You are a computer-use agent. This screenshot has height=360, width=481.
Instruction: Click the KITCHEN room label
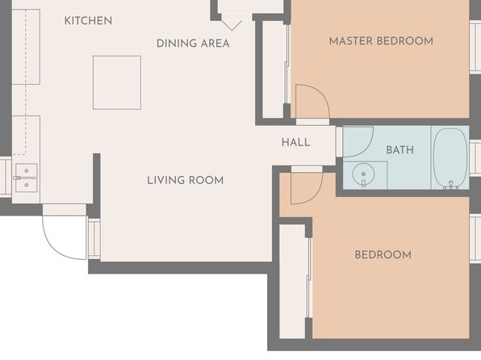88,20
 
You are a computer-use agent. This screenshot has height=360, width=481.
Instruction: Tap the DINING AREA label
193,44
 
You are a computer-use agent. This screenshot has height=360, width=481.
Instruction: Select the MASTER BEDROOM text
381,41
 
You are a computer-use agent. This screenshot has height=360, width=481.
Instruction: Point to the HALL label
295,142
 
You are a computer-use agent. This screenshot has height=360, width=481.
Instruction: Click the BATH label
400,150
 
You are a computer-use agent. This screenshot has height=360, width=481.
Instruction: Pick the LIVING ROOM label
186,180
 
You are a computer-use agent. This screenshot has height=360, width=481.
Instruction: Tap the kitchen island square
117,82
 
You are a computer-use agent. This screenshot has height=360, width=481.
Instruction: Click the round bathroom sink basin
363,174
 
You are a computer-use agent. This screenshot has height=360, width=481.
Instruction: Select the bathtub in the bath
450,157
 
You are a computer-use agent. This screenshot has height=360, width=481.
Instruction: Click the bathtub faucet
450,184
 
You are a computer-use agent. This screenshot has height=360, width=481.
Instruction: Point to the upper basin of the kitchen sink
27,170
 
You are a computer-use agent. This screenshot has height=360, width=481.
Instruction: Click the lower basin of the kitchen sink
27,185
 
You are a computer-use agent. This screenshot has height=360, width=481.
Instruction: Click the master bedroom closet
273,69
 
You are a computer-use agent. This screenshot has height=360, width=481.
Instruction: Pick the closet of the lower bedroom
292,282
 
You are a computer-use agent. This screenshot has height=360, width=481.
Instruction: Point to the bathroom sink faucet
363,183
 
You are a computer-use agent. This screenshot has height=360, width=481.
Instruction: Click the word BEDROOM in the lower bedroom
383,255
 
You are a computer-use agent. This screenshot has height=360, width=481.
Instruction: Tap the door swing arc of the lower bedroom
315,196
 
